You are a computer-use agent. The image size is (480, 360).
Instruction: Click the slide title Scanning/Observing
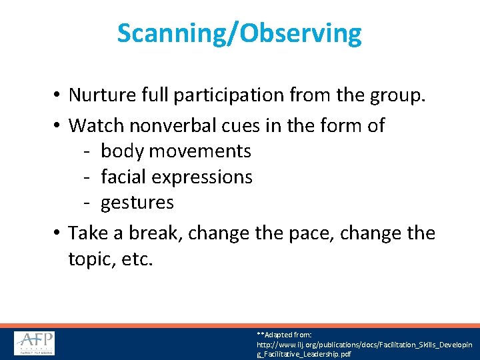click(x=239, y=33)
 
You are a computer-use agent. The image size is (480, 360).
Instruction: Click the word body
click(x=122, y=151)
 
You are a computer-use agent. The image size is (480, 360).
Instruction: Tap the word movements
click(x=200, y=151)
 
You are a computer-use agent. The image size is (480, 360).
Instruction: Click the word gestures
click(x=137, y=203)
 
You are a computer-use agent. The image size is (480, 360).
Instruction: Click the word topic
click(x=91, y=260)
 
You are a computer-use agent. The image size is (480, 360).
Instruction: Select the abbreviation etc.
click(x=137, y=259)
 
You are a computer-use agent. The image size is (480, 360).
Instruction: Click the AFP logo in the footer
click(x=35, y=343)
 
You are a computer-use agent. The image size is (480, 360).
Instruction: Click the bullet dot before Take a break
click(x=57, y=234)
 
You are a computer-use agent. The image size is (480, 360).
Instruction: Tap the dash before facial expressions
click(x=88, y=177)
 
